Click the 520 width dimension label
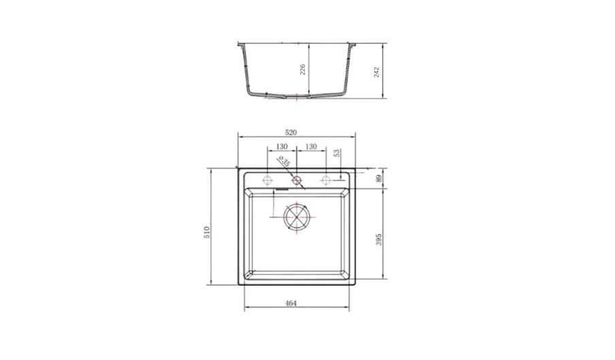click(290, 133)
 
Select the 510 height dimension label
click(207, 232)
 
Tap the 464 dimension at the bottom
click(290, 303)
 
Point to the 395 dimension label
click(378, 240)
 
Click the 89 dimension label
click(378, 178)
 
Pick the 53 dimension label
click(336, 153)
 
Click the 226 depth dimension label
click(303, 70)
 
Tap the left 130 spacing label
click(282, 147)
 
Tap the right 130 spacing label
click(311, 147)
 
